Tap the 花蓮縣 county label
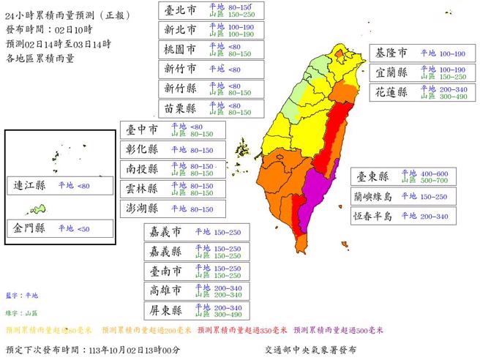click(391, 94)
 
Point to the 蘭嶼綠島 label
click(372, 197)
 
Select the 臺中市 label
click(143, 130)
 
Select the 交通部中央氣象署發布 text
click(311, 350)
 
